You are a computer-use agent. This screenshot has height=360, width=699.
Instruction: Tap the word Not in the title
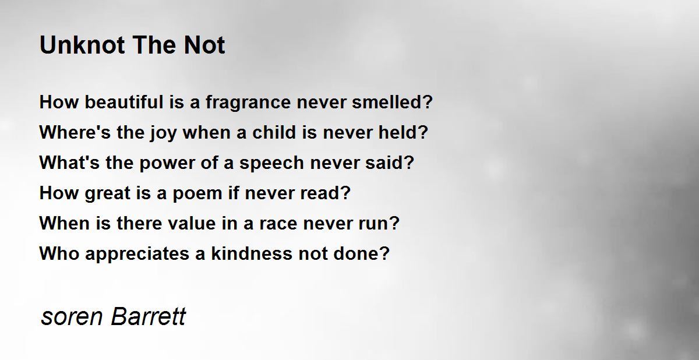204,45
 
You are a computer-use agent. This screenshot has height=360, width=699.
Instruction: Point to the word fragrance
248,104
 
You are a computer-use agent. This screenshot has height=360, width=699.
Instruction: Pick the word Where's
75,132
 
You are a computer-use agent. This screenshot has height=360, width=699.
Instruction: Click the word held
398,132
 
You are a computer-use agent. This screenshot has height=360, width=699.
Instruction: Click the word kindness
252,253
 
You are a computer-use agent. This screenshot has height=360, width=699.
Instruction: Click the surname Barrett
149,316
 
